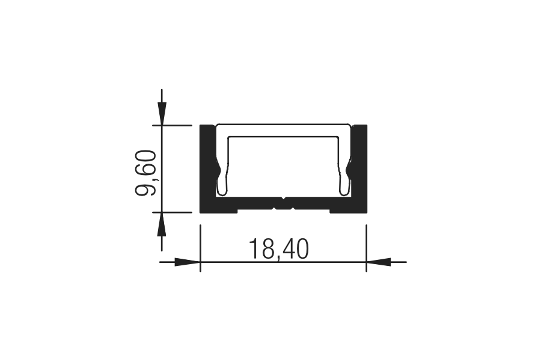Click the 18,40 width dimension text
coord(279,249)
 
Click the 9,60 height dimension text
coord(146,173)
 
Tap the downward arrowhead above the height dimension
coord(162,113)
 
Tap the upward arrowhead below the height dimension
coord(162,224)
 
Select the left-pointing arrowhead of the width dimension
coord(379,262)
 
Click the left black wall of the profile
coord(208,166)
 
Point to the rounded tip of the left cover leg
coord(222,192)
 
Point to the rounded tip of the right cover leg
coord(344,192)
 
